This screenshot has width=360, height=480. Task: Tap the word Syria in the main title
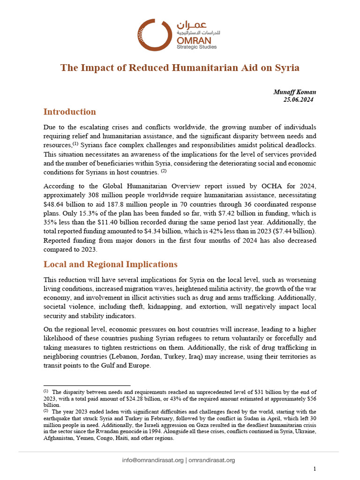click(286, 67)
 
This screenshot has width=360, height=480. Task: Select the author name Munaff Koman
click(294, 92)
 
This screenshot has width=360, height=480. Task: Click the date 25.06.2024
click(298, 99)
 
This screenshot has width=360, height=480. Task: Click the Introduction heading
click(69, 112)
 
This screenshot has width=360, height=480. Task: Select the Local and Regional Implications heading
click(110, 264)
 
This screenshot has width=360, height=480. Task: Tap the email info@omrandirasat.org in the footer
click(152, 460)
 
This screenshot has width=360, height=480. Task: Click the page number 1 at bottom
click(315, 469)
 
